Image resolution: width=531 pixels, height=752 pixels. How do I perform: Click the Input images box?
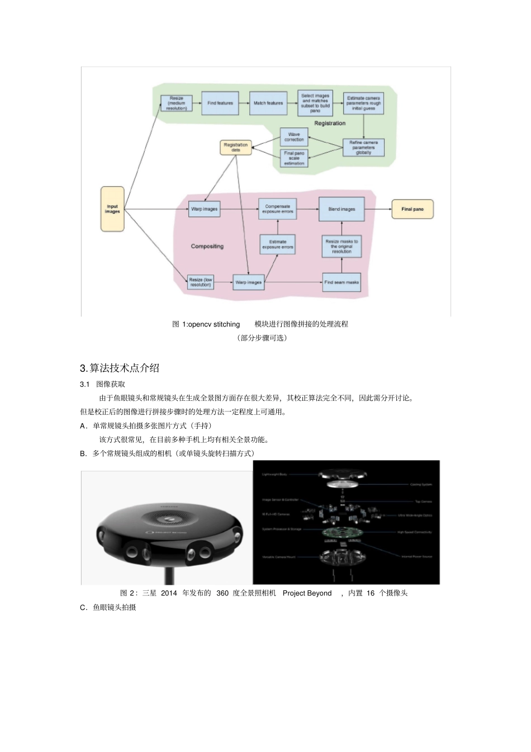click(x=112, y=209)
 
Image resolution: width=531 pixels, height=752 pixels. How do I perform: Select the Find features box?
click(x=220, y=103)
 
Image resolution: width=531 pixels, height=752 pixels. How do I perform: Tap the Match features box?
click(x=268, y=103)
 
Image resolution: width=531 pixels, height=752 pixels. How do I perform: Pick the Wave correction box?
click(x=294, y=137)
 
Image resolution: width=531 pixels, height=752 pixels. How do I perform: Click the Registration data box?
click(x=236, y=148)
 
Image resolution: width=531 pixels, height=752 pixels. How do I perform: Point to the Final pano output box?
click(x=413, y=209)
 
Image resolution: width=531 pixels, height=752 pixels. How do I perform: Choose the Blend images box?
click(x=342, y=209)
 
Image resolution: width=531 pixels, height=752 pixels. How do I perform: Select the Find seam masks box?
click(x=342, y=282)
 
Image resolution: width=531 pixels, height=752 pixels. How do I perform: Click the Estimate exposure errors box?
click(x=278, y=244)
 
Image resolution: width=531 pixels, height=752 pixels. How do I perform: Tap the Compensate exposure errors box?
click(x=278, y=209)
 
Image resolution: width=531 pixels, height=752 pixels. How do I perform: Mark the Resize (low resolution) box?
click(x=200, y=282)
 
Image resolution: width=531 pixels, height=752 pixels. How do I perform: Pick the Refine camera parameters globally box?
click(x=363, y=148)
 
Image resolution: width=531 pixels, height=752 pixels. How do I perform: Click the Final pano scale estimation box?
click(x=294, y=158)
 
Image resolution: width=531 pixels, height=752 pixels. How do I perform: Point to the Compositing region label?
click(x=207, y=246)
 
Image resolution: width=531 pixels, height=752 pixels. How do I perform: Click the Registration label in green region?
click(x=330, y=123)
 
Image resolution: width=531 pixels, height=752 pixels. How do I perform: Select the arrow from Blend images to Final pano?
click(x=378, y=209)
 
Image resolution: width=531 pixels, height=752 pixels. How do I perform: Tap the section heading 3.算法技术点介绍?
click(x=120, y=368)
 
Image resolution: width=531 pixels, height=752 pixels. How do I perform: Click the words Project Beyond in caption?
click(x=307, y=593)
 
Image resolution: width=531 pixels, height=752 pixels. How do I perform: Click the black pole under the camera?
click(x=167, y=576)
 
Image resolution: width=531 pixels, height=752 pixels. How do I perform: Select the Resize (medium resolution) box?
click(x=177, y=103)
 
